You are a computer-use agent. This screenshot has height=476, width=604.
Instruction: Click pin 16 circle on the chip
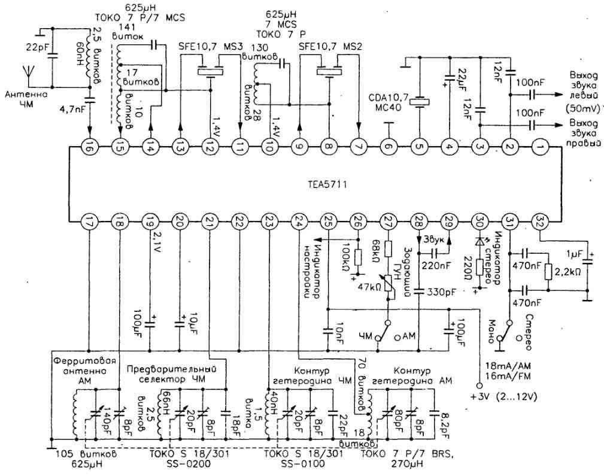[88, 146]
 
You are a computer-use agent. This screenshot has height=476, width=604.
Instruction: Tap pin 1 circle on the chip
[540, 146]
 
